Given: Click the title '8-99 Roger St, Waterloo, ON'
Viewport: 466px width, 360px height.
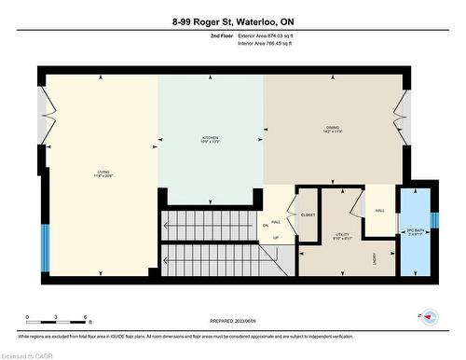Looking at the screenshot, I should (233, 21).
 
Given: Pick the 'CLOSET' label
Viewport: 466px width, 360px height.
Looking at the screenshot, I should (308, 215).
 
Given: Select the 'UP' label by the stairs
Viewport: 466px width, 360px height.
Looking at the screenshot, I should (275, 237).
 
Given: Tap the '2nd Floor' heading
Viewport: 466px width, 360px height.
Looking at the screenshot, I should (223, 35).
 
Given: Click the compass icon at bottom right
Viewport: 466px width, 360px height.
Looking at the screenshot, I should (429, 316).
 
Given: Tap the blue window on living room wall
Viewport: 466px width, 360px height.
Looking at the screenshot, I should (43, 244).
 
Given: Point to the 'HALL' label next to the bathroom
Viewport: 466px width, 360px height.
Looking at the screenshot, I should (380, 211).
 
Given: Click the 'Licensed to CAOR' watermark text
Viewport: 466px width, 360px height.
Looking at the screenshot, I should (34, 353).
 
